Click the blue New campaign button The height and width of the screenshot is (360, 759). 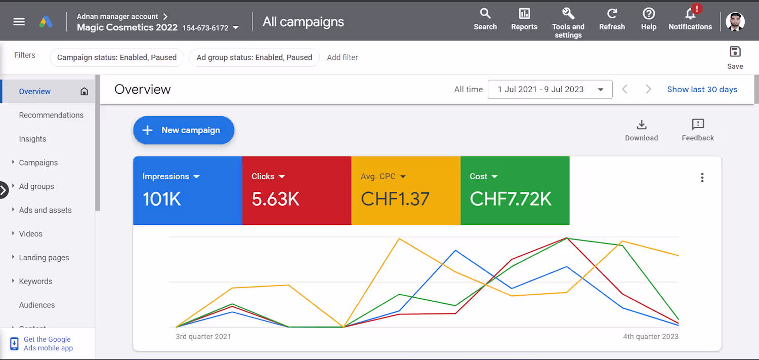coord(184,130)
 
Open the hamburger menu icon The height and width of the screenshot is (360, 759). coord(19,22)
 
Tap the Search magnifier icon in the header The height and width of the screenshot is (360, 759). coord(485,14)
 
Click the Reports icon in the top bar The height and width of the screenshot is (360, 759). coord(524,14)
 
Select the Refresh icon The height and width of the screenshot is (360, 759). coord(612,14)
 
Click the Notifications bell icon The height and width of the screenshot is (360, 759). coord(690,14)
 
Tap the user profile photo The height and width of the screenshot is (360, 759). coord(735,22)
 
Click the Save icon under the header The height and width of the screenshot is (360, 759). coord(735,52)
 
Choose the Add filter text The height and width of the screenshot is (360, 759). coord(342,57)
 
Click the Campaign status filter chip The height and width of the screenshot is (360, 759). coord(117,57)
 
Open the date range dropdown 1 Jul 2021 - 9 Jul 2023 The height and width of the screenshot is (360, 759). coord(550,90)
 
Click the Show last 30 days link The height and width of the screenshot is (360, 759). coord(702,90)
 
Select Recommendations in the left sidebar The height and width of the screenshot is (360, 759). coord(51,115)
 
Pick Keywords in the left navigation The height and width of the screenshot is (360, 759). coord(35,282)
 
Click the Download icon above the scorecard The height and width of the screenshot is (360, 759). coord(642,125)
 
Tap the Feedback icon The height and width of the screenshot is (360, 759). coord(698,125)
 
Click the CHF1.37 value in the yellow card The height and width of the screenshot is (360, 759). coord(395,199)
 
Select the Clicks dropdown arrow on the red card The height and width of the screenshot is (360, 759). coord(281,177)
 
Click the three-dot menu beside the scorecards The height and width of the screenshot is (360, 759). coord(702,178)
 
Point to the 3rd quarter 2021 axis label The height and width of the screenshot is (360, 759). coord(203,337)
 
